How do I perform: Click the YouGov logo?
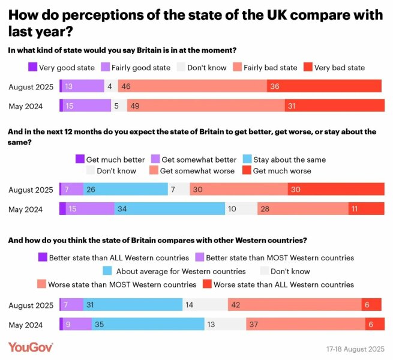(31, 347)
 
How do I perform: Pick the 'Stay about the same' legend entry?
(283, 160)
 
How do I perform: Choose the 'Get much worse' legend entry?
(276, 171)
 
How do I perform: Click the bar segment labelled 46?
(192, 86)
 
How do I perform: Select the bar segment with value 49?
(206, 106)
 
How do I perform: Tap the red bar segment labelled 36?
(324, 86)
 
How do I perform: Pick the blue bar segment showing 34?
(169, 209)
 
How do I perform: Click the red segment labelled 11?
(366, 209)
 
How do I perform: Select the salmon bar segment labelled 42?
(294, 305)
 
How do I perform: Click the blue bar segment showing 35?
(148, 324)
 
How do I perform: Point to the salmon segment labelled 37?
(305, 324)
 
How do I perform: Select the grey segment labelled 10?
(241, 209)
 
